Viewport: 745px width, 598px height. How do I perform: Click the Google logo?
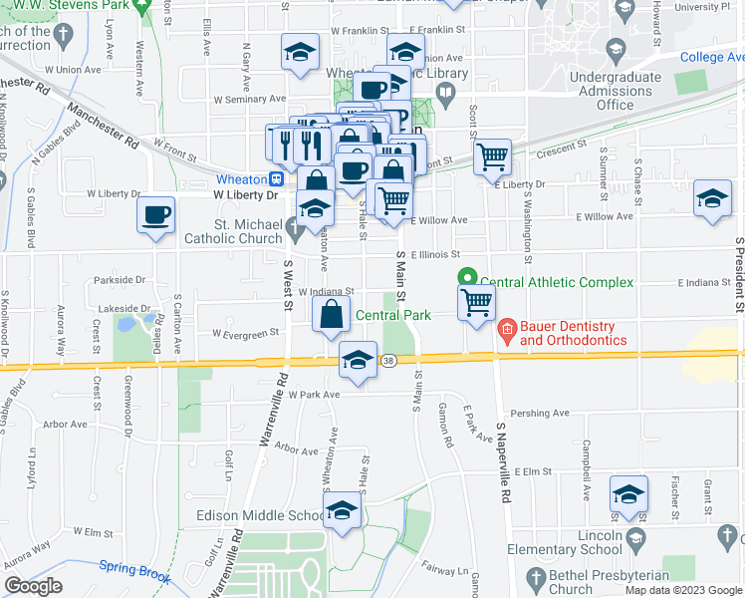pos(33,586)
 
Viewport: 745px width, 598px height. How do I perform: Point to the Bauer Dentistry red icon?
pos(506,327)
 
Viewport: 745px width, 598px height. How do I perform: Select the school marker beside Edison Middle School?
pos(343,511)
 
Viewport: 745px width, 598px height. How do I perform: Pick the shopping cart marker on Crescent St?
pos(492,155)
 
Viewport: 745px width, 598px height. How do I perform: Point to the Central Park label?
pos(393,315)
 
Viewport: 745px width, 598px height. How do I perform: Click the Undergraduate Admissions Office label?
pos(621,91)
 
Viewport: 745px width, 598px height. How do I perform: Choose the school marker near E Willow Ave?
pos(712,196)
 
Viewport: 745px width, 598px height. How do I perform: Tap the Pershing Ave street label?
pos(539,413)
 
